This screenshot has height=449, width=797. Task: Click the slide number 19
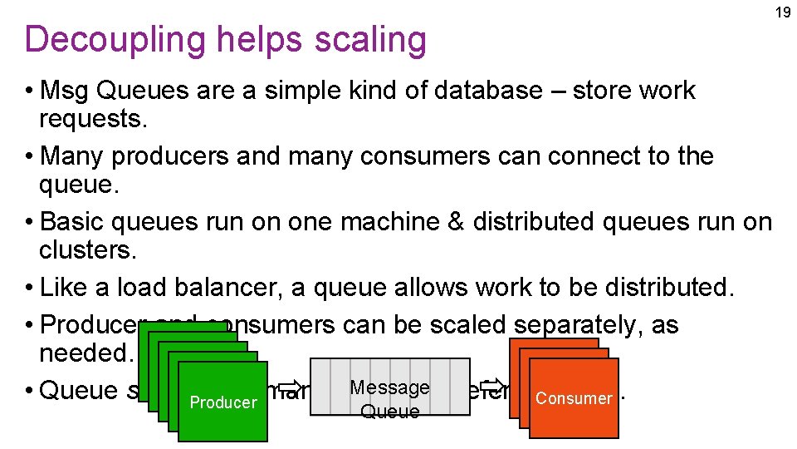(x=782, y=12)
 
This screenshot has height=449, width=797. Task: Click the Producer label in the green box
(x=223, y=402)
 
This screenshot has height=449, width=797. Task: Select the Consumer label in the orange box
(x=574, y=398)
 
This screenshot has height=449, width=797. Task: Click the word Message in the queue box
(x=389, y=387)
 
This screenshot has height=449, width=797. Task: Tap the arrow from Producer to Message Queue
(x=289, y=386)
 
